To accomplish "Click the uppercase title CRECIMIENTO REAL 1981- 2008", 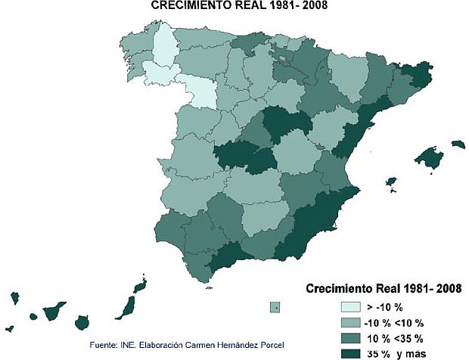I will point(234,6).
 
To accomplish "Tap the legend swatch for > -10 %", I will point(349,307).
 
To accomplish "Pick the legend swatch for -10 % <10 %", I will point(349,322).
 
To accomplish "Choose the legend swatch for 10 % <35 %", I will point(349,337).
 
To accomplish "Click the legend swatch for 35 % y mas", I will point(349,352).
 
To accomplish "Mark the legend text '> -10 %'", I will point(384,308).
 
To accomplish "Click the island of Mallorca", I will point(430,159).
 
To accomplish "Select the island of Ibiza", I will point(392,182).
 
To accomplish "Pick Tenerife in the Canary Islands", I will point(54,310).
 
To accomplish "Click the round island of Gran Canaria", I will point(82,322).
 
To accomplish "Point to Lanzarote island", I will point(140,287).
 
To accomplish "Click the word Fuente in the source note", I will point(104,346).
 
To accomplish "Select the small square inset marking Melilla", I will point(276,306).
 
